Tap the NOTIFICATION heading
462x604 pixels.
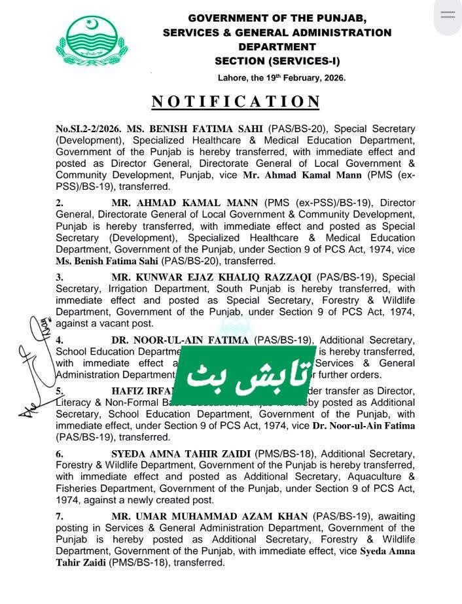pyautogui.click(x=236, y=102)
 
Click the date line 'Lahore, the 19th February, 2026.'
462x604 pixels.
pyautogui.click(x=281, y=77)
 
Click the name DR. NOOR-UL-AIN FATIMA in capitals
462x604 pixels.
pyautogui.click(x=180, y=340)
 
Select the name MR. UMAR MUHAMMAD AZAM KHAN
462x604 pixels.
pyautogui.click(x=209, y=516)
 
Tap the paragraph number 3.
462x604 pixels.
pyautogui.click(x=59, y=277)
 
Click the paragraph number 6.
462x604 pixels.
pyautogui.click(x=59, y=453)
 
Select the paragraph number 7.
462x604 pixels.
pyautogui.click(x=59, y=516)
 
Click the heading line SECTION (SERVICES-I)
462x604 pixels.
pyautogui.click(x=277, y=61)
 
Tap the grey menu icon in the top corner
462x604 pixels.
pyautogui.click(x=448, y=15)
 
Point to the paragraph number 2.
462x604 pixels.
pyautogui.click(x=59, y=204)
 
